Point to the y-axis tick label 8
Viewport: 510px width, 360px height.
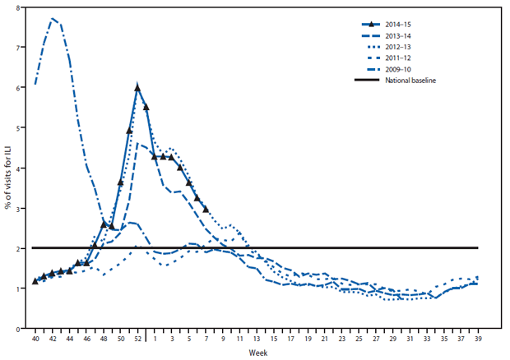[18, 7]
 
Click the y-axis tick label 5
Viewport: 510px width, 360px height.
[18, 127]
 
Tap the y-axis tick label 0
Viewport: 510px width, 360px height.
[18, 329]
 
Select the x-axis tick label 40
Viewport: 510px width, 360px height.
[35, 339]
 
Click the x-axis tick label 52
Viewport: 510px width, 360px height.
[137, 339]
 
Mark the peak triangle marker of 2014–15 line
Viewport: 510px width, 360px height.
[137, 87]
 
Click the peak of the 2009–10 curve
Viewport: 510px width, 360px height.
[52, 18]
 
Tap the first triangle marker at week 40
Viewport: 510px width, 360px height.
[35, 281]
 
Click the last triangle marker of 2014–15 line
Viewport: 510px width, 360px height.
[206, 209]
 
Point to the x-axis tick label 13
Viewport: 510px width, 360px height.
[256, 339]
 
